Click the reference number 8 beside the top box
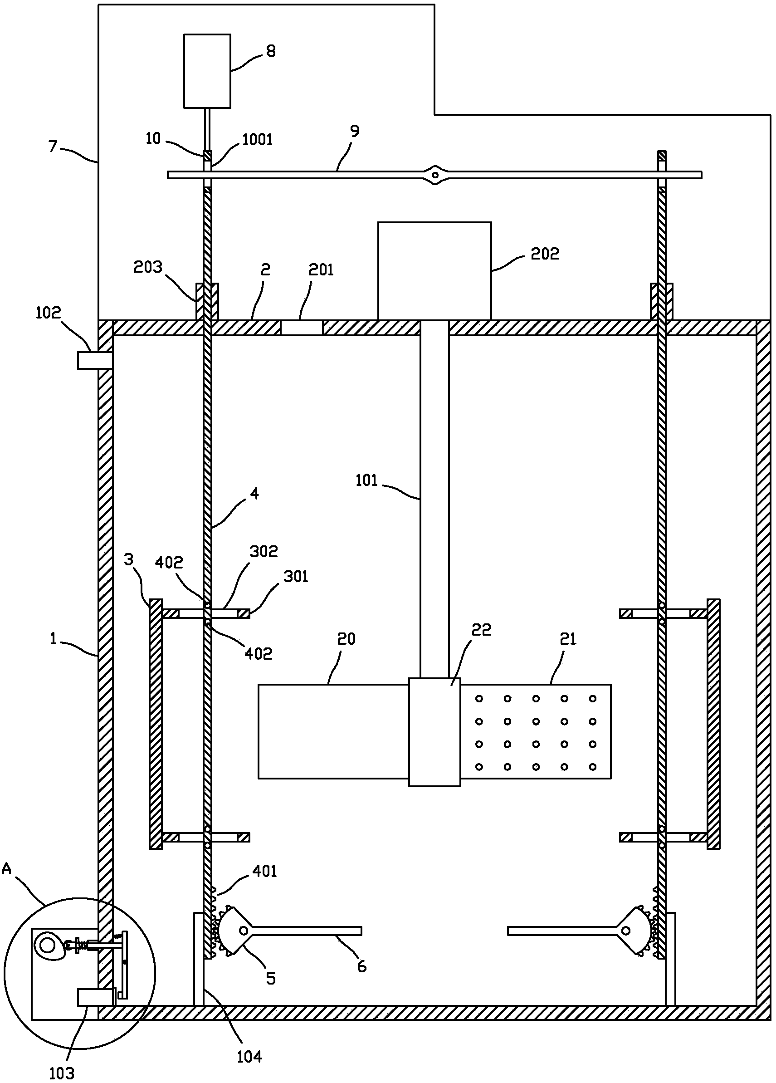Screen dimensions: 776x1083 pos(271,51)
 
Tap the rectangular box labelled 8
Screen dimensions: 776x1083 pos(207,71)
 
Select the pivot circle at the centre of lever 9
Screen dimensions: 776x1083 pos(435,175)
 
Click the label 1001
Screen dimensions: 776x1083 pos(257,139)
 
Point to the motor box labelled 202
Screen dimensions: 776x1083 pos(434,271)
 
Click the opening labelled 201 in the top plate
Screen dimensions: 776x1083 pos(302,328)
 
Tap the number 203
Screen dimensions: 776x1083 pos(148,267)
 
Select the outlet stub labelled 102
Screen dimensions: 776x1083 pos(95,360)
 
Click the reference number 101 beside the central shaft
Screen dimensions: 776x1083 pos(366,480)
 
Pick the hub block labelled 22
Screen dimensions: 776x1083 pos(434,732)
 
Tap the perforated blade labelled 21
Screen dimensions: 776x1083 pos(536,731)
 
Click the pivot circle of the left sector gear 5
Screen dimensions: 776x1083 pos(244,930)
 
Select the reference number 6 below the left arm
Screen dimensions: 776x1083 pos(362,967)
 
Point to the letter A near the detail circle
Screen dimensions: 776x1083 pos(7,869)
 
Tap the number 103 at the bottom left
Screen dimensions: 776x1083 pos(62,1074)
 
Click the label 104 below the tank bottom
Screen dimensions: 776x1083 pos(249,1057)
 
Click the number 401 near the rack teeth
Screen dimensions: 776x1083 pos(265,872)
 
